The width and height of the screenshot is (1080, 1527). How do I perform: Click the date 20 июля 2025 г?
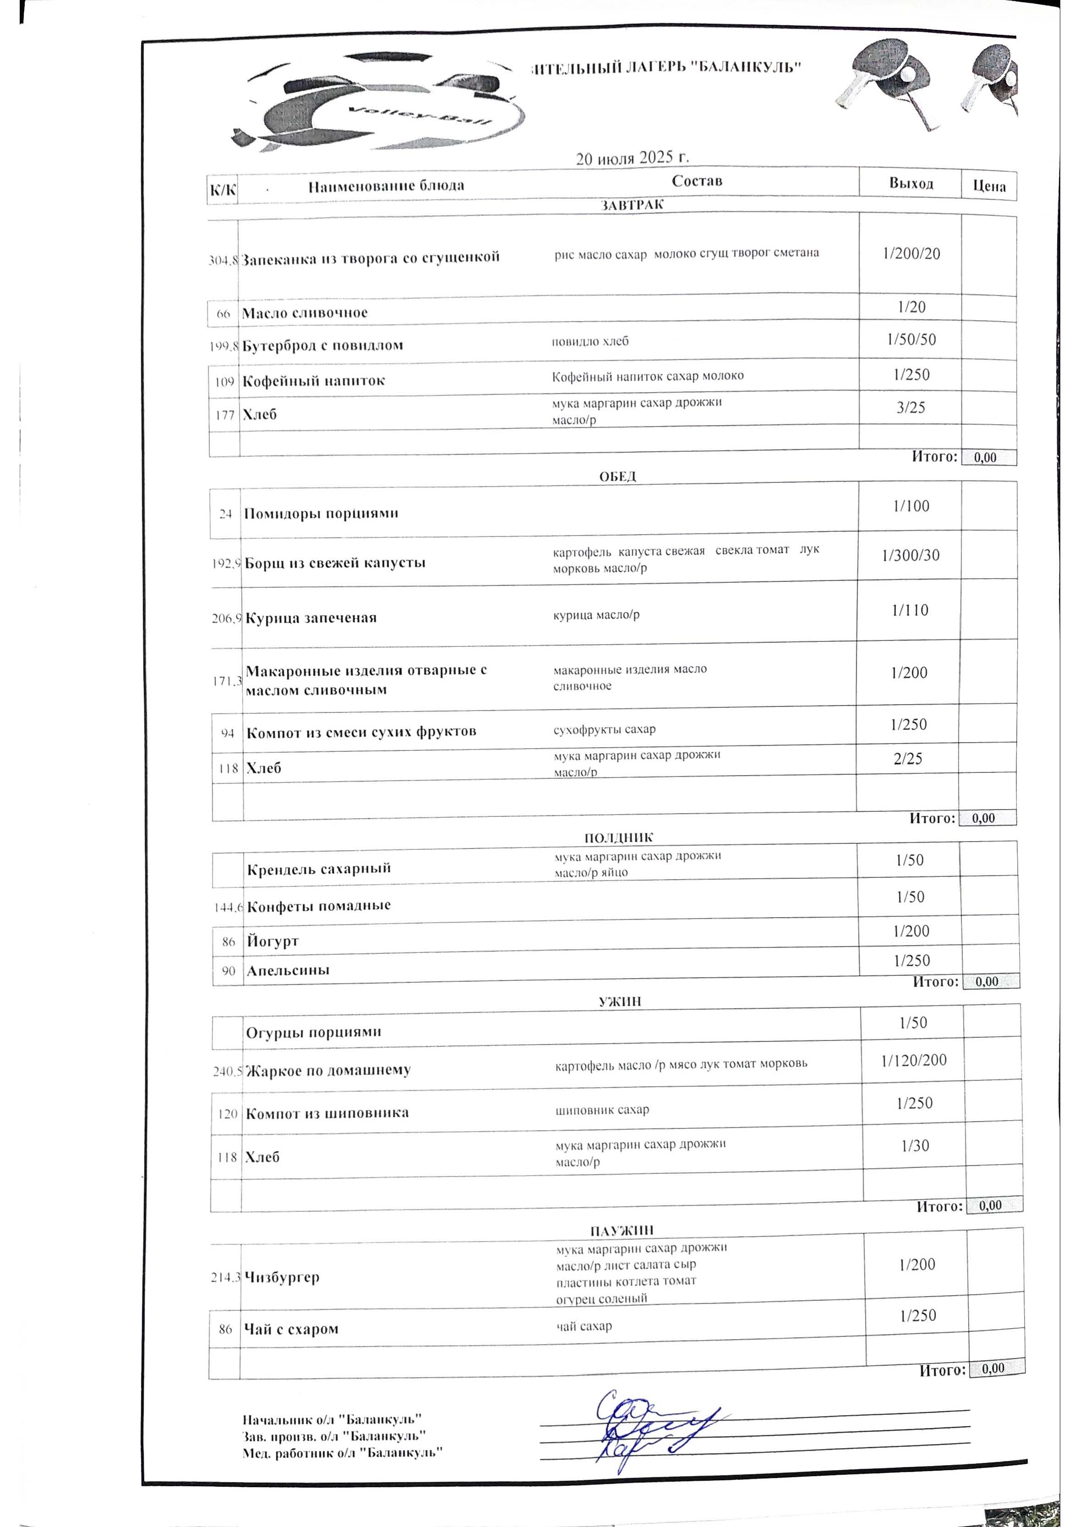point(632,158)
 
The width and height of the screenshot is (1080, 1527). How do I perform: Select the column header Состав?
point(696,181)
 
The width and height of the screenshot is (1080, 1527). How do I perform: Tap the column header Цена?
point(989,186)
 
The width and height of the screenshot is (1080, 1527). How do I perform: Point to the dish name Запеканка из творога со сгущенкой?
point(370,258)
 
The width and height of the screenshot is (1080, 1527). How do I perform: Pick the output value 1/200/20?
point(911,253)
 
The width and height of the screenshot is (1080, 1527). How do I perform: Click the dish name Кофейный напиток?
point(313,381)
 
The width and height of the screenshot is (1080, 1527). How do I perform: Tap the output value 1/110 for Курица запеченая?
point(910,611)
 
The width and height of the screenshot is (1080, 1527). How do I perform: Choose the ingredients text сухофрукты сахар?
point(604,729)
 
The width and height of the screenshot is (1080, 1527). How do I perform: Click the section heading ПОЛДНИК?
point(619,838)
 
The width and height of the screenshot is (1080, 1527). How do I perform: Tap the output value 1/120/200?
point(914,1060)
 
